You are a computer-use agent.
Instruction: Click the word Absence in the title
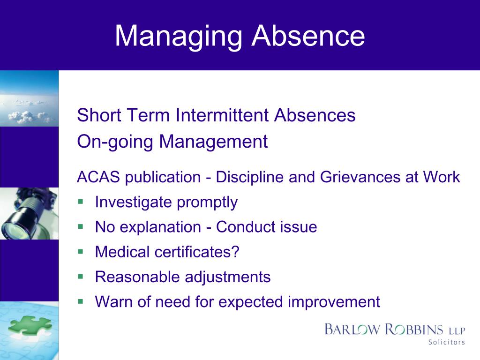coord(308,36)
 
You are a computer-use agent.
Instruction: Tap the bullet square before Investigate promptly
coord(80,202)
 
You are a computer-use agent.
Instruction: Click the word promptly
coord(208,203)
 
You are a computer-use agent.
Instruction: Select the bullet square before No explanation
coord(80,227)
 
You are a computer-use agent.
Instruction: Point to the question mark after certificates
coord(235,252)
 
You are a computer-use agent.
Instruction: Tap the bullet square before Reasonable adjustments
coord(80,277)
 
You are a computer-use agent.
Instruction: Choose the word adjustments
coord(227,277)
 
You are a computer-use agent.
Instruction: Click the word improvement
coord(334,302)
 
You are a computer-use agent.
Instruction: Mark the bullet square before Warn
coord(80,301)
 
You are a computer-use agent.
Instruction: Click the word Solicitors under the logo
coord(446,342)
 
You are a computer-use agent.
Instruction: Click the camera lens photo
coord(29,214)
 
